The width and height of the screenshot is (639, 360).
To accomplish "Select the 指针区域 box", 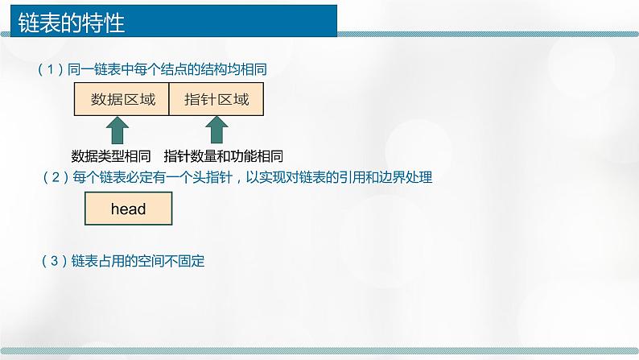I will coord(217,101).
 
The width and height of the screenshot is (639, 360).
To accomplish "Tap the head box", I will coord(128,210).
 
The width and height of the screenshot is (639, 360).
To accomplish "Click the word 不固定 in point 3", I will coord(190,261).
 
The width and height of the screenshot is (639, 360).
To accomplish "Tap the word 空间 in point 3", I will coord(153,261).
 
